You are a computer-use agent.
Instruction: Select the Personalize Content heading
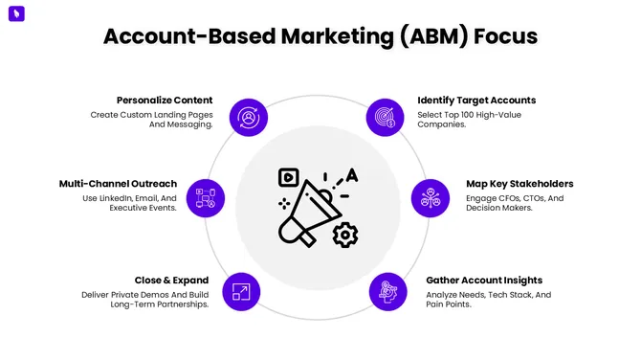pos(165,100)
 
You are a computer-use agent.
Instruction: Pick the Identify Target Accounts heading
pos(476,100)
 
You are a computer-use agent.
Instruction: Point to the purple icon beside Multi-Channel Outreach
pos(206,197)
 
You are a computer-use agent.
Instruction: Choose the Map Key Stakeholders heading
pos(519,183)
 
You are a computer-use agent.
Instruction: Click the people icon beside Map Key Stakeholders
pos(430,197)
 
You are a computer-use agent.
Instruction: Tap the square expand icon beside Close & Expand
pos(240,291)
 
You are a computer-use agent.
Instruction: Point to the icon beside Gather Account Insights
pos(387,291)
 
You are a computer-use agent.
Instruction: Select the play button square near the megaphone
pos(288,177)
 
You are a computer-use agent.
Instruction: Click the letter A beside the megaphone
pos(351,175)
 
